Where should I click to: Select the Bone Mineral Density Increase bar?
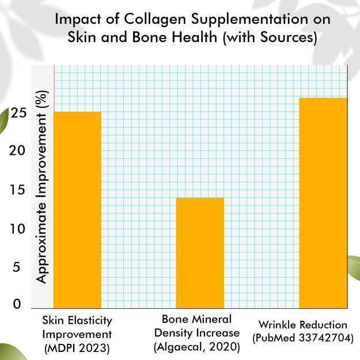[200, 252]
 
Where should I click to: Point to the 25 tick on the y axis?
[19, 113]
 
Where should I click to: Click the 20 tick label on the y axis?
[19, 151]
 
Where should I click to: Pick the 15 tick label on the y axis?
[19, 190]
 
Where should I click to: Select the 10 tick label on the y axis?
[19, 229]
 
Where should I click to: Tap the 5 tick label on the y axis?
[17, 267]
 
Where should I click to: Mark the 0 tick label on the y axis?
[17, 304]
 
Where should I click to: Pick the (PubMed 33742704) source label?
[303, 338]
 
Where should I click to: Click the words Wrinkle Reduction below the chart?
[303, 324]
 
